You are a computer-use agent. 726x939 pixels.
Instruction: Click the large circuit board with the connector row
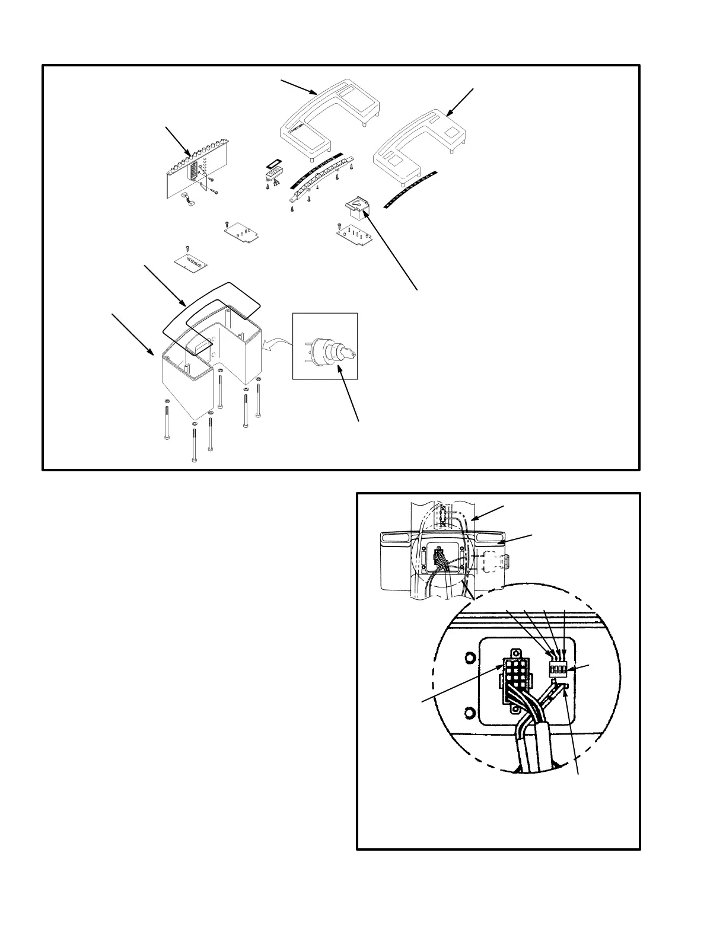click(195, 165)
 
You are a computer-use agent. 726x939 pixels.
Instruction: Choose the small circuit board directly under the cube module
click(354, 237)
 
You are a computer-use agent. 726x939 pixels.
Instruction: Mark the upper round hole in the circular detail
click(469, 657)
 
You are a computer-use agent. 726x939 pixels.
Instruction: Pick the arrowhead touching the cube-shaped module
click(367, 215)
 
